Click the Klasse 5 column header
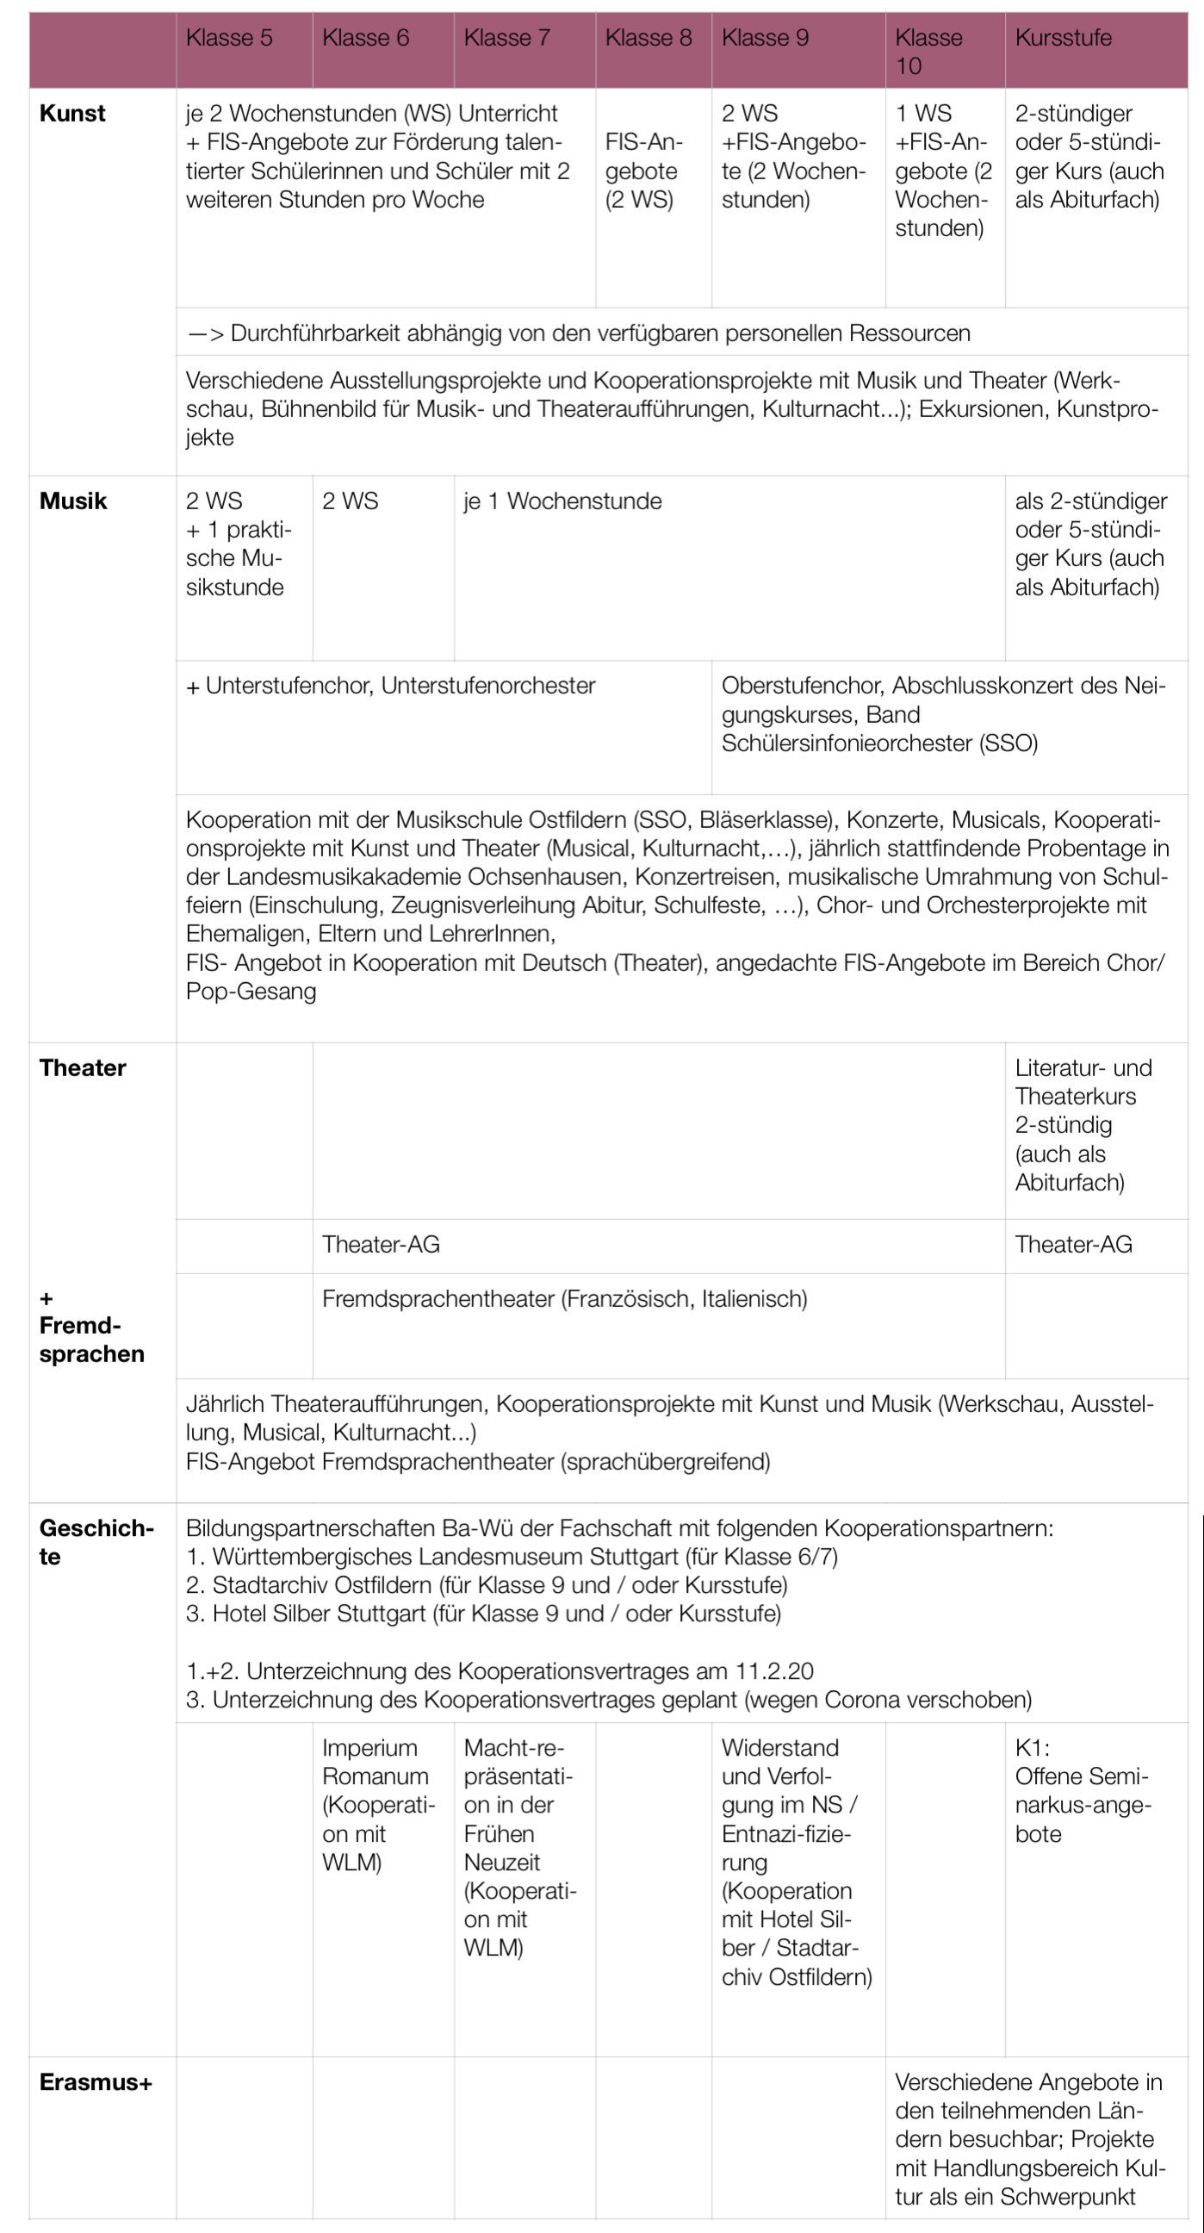pos(229,38)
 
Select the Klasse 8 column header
pos(649,38)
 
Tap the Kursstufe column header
pos(1063,38)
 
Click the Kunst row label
pos(73,114)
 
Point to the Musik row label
pos(73,501)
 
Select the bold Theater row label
pos(83,1068)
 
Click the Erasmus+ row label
pos(96,2082)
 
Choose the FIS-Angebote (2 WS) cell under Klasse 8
pos(643,171)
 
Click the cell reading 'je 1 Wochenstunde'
pos(562,501)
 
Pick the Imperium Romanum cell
pos(378,1805)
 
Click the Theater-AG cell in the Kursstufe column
pos(1073,1245)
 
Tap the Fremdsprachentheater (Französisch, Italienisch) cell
pos(564,1298)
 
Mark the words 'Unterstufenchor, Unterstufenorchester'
pos(400,686)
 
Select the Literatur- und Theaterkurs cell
pos(1083,1124)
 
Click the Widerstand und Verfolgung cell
pos(796,1862)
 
